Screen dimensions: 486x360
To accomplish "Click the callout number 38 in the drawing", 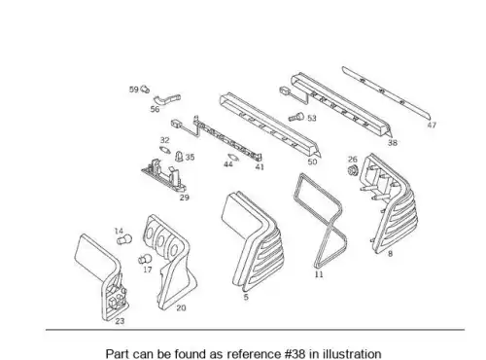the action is pyautogui.click(x=393, y=143).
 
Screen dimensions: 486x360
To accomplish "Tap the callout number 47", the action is pyautogui.click(x=432, y=125).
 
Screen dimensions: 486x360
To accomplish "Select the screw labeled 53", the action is pyautogui.click(x=296, y=117).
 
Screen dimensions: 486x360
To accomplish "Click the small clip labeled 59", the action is pyautogui.click(x=145, y=89).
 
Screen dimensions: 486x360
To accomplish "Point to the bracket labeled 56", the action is pyautogui.click(x=166, y=99).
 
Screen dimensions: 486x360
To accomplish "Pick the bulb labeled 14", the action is pyautogui.click(x=124, y=240).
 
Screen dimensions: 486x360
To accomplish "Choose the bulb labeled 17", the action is pyautogui.click(x=145, y=259).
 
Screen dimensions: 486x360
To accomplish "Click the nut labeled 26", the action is pyautogui.click(x=352, y=170).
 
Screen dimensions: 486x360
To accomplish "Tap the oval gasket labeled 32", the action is pyautogui.click(x=165, y=150).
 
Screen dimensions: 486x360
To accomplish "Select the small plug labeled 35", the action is pyautogui.click(x=179, y=157).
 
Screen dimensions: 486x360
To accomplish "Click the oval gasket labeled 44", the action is pyautogui.click(x=233, y=158).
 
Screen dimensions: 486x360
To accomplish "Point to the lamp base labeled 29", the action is pyautogui.click(x=164, y=177).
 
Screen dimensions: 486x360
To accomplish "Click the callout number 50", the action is pyautogui.click(x=312, y=162).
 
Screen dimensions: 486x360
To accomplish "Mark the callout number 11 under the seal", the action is pyautogui.click(x=319, y=274).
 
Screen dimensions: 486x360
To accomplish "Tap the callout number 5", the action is pyautogui.click(x=246, y=297).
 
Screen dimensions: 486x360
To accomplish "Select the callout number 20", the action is pyautogui.click(x=181, y=308).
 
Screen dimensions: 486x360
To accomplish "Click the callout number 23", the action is pyautogui.click(x=120, y=321).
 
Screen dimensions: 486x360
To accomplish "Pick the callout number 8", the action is pyautogui.click(x=390, y=254).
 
